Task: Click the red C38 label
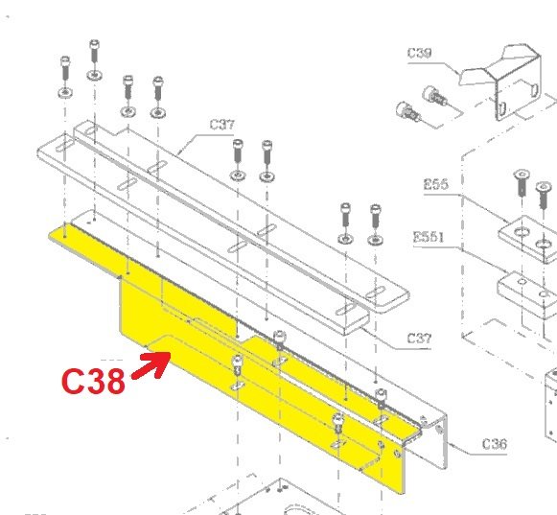[93, 381]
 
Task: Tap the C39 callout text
[420, 54]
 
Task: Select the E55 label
[436, 184]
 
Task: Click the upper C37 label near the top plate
[221, 125]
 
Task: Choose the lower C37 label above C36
[419, 338]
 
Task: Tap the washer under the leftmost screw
[63, 93]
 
